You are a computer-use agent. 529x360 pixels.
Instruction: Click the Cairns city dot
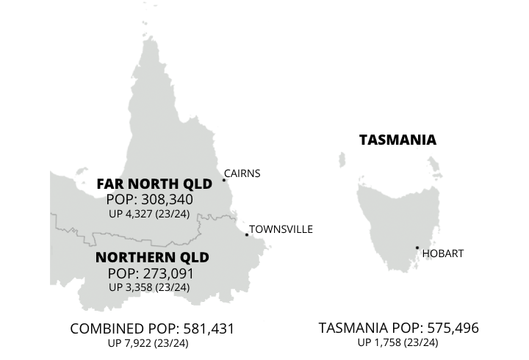pos(224,180)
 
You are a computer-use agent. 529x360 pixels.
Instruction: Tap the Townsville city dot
pos(247,235)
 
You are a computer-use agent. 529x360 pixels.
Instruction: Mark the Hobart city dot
pos(417,248)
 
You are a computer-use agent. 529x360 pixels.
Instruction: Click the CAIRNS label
pos(242,174)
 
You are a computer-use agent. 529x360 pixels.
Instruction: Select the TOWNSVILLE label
pos(281,229)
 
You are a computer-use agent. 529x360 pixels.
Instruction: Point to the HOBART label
pos(443,254)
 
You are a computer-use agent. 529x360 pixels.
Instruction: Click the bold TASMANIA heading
pos(397,140)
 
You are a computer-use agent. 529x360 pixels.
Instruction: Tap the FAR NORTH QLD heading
pos(149,184)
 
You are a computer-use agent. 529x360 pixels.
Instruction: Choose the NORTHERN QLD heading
pos(152,258)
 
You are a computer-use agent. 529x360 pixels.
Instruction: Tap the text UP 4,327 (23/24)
pos(149,213)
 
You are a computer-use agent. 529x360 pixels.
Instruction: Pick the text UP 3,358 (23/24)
pos(149,287)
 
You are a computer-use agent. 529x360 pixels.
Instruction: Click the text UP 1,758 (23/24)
pos(398,342)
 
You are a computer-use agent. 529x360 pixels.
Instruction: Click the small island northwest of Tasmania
pos(342,158)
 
